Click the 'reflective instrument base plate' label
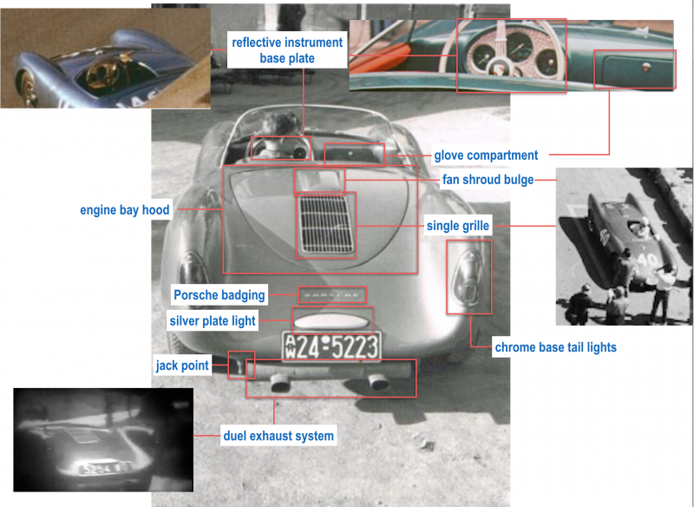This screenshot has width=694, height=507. coord(287,50)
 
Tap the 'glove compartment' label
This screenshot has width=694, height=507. coord(486,155)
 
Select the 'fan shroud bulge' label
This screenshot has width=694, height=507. coord(488,180)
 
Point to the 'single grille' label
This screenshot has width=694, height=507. coord(458,226)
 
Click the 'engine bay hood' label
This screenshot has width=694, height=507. coord(125,210)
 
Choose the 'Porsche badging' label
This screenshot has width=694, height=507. coord(219,295)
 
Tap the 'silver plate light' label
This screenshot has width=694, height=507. coord(213,320)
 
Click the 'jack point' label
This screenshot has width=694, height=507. coord(182,365)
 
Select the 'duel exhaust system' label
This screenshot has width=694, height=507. coord(278,436)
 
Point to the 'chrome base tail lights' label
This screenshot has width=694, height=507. coord(555,347)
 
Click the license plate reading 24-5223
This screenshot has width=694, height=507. coord(331,346)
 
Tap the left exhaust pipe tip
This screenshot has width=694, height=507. coord(280,383)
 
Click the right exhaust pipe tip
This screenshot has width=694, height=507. coord(379,382)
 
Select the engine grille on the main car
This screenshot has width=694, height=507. coord(326,224)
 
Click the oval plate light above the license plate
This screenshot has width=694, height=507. coord(331,321)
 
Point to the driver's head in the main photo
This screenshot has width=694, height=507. coord(280,125)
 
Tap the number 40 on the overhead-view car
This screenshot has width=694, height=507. coord(646,260)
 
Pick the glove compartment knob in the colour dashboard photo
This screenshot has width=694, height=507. coord(645,68)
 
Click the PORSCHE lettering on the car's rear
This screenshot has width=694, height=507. coord(332,295)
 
